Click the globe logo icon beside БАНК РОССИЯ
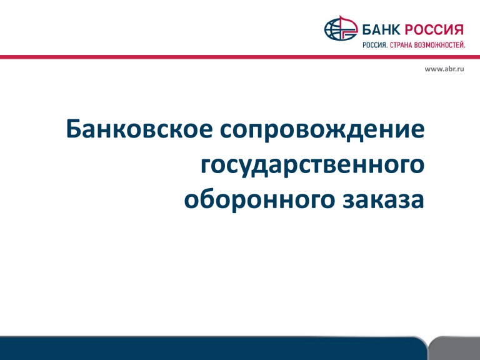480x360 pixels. pyautogui.click(x=341, y=28)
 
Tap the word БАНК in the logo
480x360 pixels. pyautogui.click(x=381, y=30)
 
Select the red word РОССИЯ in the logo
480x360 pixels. pyautogui.click(x=434, y=30)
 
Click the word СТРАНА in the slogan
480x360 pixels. pyautogui.click(x=401, y=45)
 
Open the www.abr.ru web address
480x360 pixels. pyautogui.click(x=444, y=69)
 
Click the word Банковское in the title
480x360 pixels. pyautogui.click(x=139, y=128)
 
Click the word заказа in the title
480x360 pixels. pyautogui.click(x=383, y=200)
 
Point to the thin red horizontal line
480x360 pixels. pyautogui.click(x=240, y=57)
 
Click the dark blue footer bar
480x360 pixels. pyautogui.click(x=213, y=348)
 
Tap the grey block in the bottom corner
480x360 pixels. pyautogui.click(x=454, y=348)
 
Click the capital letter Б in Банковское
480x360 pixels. pyautogui.click(x=75, y=129)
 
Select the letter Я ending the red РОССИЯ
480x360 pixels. pyautogui.click(x=458, y=30)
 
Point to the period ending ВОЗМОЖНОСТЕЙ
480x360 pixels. pyautogui.click(x=464, y=47)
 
